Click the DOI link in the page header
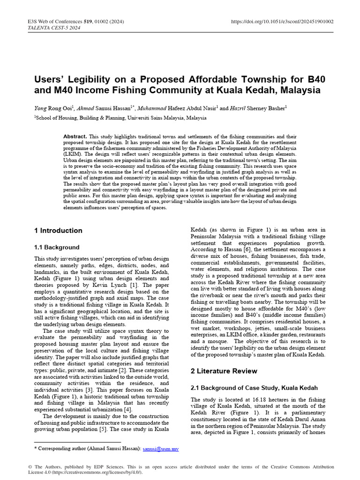click(283, 22)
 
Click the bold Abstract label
click(75, 136)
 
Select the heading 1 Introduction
click(58, 231)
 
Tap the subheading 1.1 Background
click(57, 247)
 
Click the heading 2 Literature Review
click(224, 371)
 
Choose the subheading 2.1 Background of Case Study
click(254, 388)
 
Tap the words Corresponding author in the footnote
click(61, 449)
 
